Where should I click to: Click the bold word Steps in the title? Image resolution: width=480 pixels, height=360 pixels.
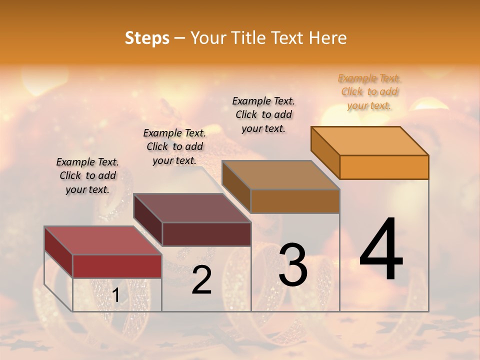click(x=147, y=38)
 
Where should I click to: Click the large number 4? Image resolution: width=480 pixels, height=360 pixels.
click(x=381, y=249)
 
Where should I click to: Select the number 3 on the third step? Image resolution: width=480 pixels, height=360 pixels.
click(x=293, y=265)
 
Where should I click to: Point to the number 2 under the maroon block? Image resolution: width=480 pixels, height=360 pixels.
click(x=201, y=280)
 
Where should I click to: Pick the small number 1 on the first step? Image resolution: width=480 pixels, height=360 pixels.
click(x=116, y=295)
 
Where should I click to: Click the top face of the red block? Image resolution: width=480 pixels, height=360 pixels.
click(x=102, y=240)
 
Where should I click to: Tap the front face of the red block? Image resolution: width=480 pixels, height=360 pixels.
click(x=117, y=266)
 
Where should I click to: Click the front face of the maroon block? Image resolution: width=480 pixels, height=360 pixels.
click(x=206, y=234)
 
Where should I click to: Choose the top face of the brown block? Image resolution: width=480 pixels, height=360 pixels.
click(x=280, y=175)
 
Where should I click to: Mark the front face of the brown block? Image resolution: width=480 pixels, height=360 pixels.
click(x=295, y=201)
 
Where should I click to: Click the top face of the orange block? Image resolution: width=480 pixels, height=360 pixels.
click(x=369, y=141)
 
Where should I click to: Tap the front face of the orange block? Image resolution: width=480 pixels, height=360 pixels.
click(x=384, y=167)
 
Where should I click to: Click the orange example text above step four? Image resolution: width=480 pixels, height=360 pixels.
click(x=369, y=91)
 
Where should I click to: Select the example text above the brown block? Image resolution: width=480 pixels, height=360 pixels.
click(x=263, y=114)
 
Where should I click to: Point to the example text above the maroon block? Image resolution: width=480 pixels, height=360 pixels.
click(x=174, y=146)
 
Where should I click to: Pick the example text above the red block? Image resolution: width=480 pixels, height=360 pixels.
click(x=87, y=175)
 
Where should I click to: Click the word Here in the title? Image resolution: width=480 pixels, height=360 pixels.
click(x=328, y=38)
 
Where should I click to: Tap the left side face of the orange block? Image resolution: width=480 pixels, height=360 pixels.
click(x=325, y=152)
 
